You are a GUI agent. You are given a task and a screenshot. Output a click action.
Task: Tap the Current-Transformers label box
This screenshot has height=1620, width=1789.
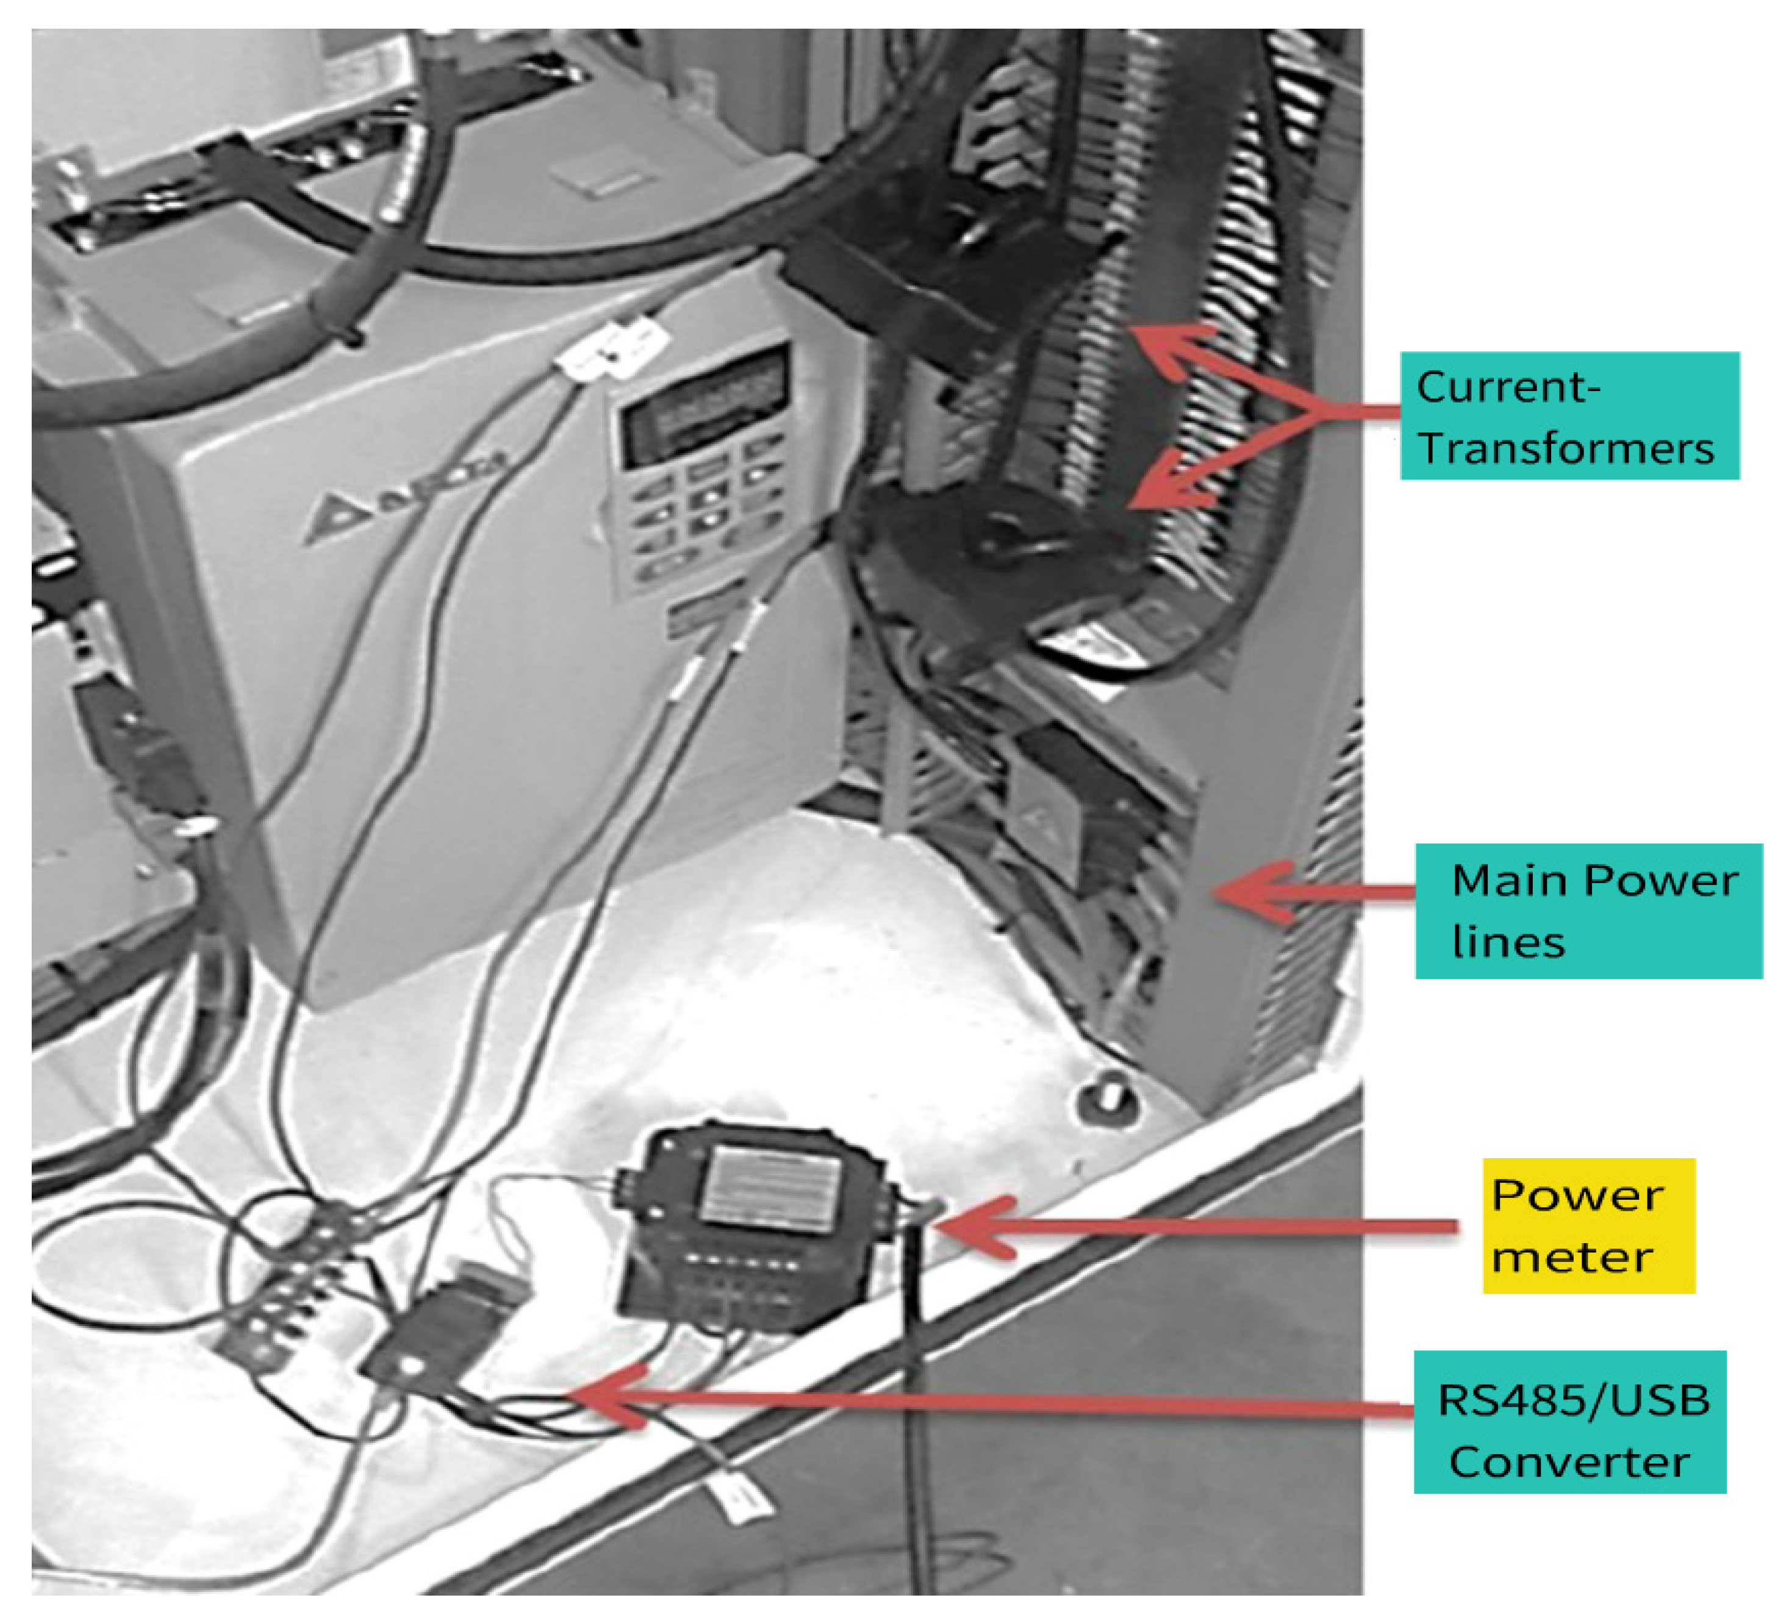(x=1569, y=416)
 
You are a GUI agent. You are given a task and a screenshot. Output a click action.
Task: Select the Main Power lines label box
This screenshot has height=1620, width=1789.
(x=1588, y=911)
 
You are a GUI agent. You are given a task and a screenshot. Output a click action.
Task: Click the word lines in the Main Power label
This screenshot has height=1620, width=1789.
(x=1508, y=942)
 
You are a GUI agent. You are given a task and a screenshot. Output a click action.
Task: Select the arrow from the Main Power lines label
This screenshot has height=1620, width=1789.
(x=1313, y=892)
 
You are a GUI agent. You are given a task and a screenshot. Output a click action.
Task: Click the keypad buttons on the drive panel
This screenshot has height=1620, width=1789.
(x=701, y=515)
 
